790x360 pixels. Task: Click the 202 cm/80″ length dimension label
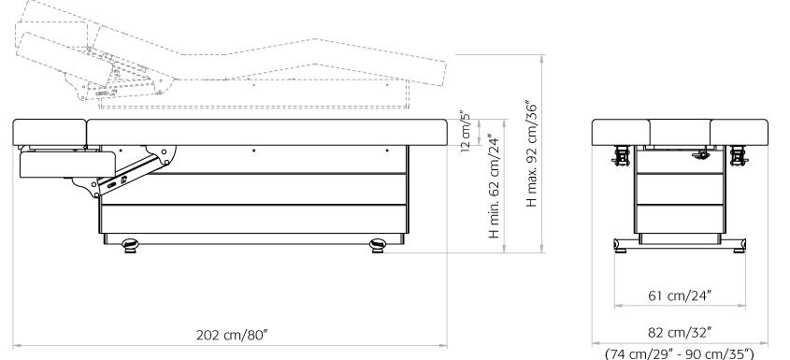pos(231,336)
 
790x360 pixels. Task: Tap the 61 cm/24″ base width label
pos(680,296)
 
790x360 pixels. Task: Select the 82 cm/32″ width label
pos(680,333)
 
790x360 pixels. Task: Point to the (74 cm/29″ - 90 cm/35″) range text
pos(680,353)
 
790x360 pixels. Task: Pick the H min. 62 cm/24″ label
pos(495,186)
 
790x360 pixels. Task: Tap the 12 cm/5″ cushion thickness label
pos(465,131)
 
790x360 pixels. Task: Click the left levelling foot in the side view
pos(130,246)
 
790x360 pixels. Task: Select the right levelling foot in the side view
pos(378,246)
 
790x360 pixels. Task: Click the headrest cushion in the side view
pos(50,132)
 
